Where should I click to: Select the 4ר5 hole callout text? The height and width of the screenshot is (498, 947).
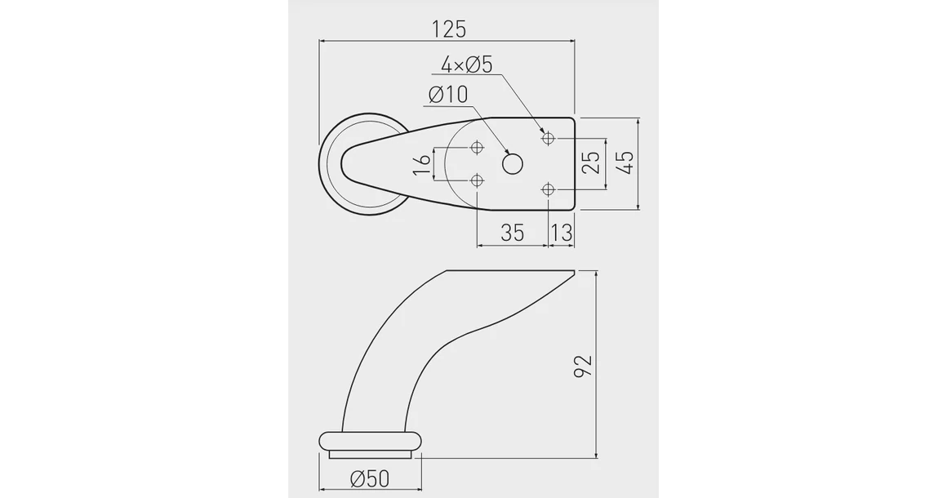point(466,65)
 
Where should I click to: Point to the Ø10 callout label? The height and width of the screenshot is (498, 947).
point(448,95)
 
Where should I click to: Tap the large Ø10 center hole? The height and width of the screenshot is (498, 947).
point(513,164)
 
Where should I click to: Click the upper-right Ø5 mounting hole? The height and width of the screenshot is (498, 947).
point(549,138)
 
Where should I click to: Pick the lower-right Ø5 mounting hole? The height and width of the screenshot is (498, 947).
point(549,190)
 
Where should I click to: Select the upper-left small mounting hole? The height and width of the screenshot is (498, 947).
point(478,148)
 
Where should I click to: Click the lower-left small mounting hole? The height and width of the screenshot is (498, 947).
point(478,180)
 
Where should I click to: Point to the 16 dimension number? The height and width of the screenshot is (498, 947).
point(421,164)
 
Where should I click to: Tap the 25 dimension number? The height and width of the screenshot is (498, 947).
point(593,163)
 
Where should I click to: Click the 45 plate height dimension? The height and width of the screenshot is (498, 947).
point(625,162)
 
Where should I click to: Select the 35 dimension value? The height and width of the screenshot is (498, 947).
point(512,233)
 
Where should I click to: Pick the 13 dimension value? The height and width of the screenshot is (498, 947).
point(561,233)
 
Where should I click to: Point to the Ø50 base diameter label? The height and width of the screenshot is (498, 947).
point(369,478)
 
